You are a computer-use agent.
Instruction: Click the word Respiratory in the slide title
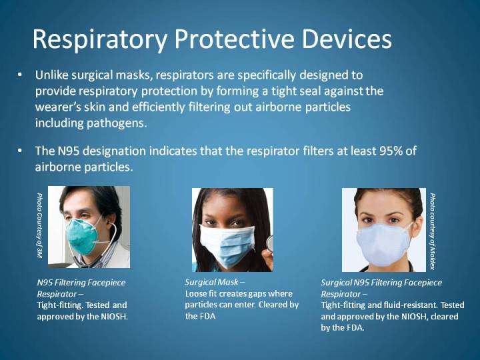pos(98,39)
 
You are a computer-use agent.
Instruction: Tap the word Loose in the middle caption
pos(196,293)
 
